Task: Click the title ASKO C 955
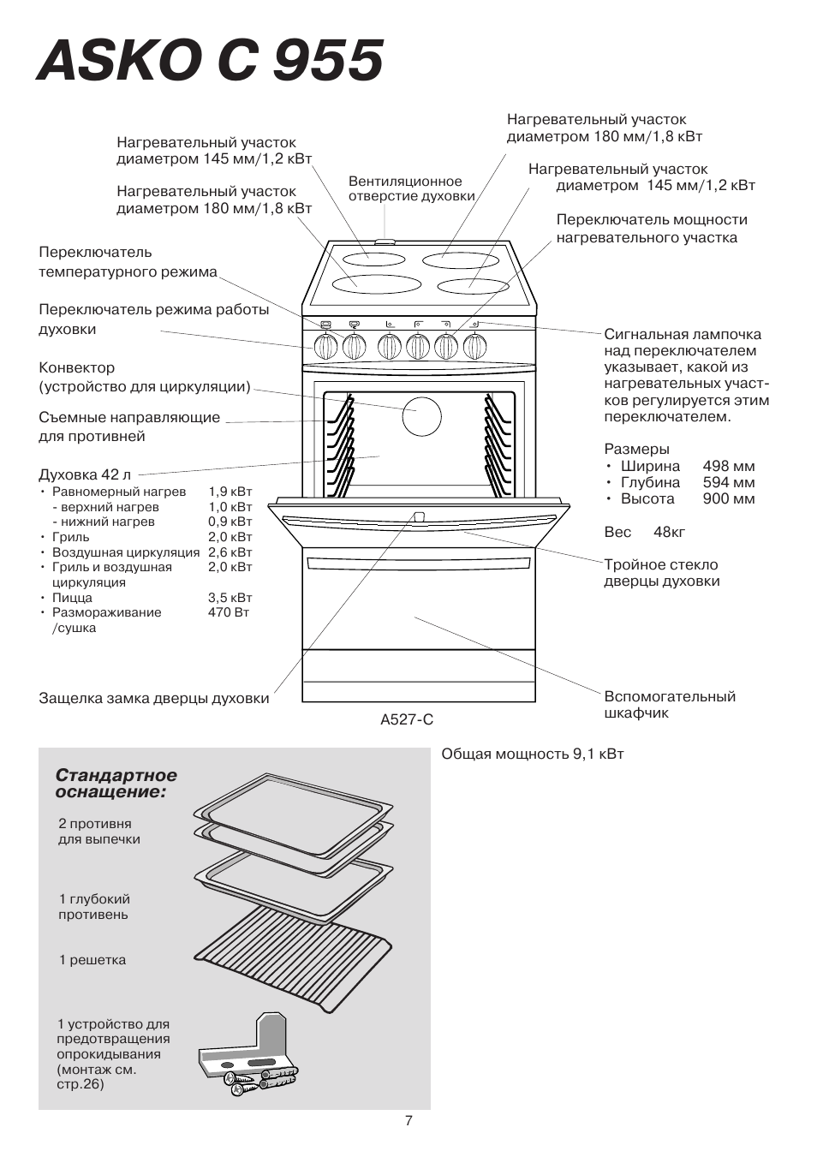(x=210, y=62)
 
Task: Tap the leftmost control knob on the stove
(x=325, y=346)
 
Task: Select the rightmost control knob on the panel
(x=475, y=346)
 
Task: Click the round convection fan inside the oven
(x=421, y=417)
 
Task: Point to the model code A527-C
(x=407, y=719)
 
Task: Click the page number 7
(x=408, y=1120)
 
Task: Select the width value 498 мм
(x=728, y=466)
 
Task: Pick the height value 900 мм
(x=728, y=498)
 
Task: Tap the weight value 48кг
(x=669, y=532)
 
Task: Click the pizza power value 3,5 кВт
(x=230, y=598)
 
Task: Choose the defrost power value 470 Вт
(x=228, y=612)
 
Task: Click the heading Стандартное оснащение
(x=116, y=784)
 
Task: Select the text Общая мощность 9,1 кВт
(x=532, y=754)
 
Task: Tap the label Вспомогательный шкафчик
(x=669, y=704)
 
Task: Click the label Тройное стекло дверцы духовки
(x=661, y=573)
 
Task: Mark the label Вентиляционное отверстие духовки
(x=411, y=188)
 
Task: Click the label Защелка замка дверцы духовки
(x=153, y=698)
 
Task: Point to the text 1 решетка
(x=92, y=960)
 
